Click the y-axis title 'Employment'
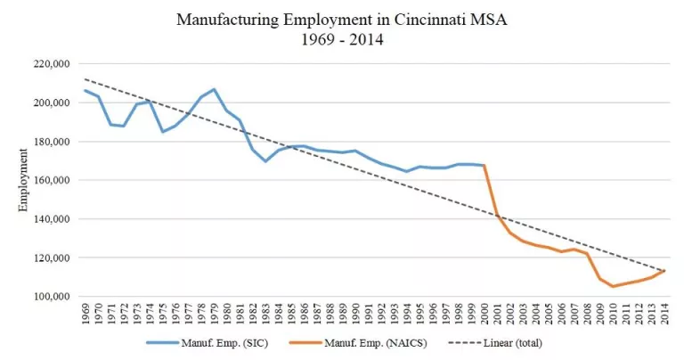click(x=24, y=180)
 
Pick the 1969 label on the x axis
click(x=85, y=314)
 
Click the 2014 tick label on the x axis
click(x=664, y=314)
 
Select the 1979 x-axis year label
click(x=214, y=314)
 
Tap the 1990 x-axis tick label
click(x=355, y=314)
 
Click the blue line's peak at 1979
click(x=214, y=89)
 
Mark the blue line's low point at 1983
click(x=265, y=161)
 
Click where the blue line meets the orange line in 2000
click(x=484, y=165)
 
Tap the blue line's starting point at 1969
click(x=85, y=90)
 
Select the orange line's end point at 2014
click(x=664, y=270)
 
